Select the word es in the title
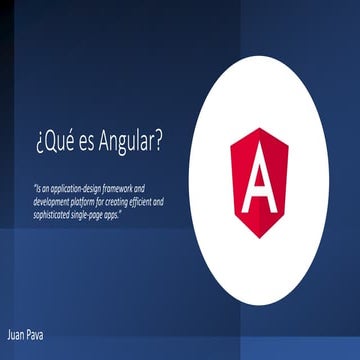(83, 143)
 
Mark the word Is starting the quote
(38, 187)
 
